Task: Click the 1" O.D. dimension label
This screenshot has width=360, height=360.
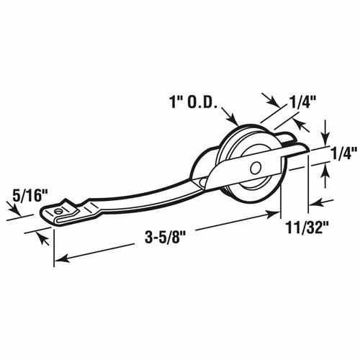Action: coord(194,102)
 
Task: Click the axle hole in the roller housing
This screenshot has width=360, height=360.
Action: coord(256,168)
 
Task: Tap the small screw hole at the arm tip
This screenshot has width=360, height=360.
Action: coord(58,211)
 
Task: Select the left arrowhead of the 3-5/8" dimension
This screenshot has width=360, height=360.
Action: coord(63,258)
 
